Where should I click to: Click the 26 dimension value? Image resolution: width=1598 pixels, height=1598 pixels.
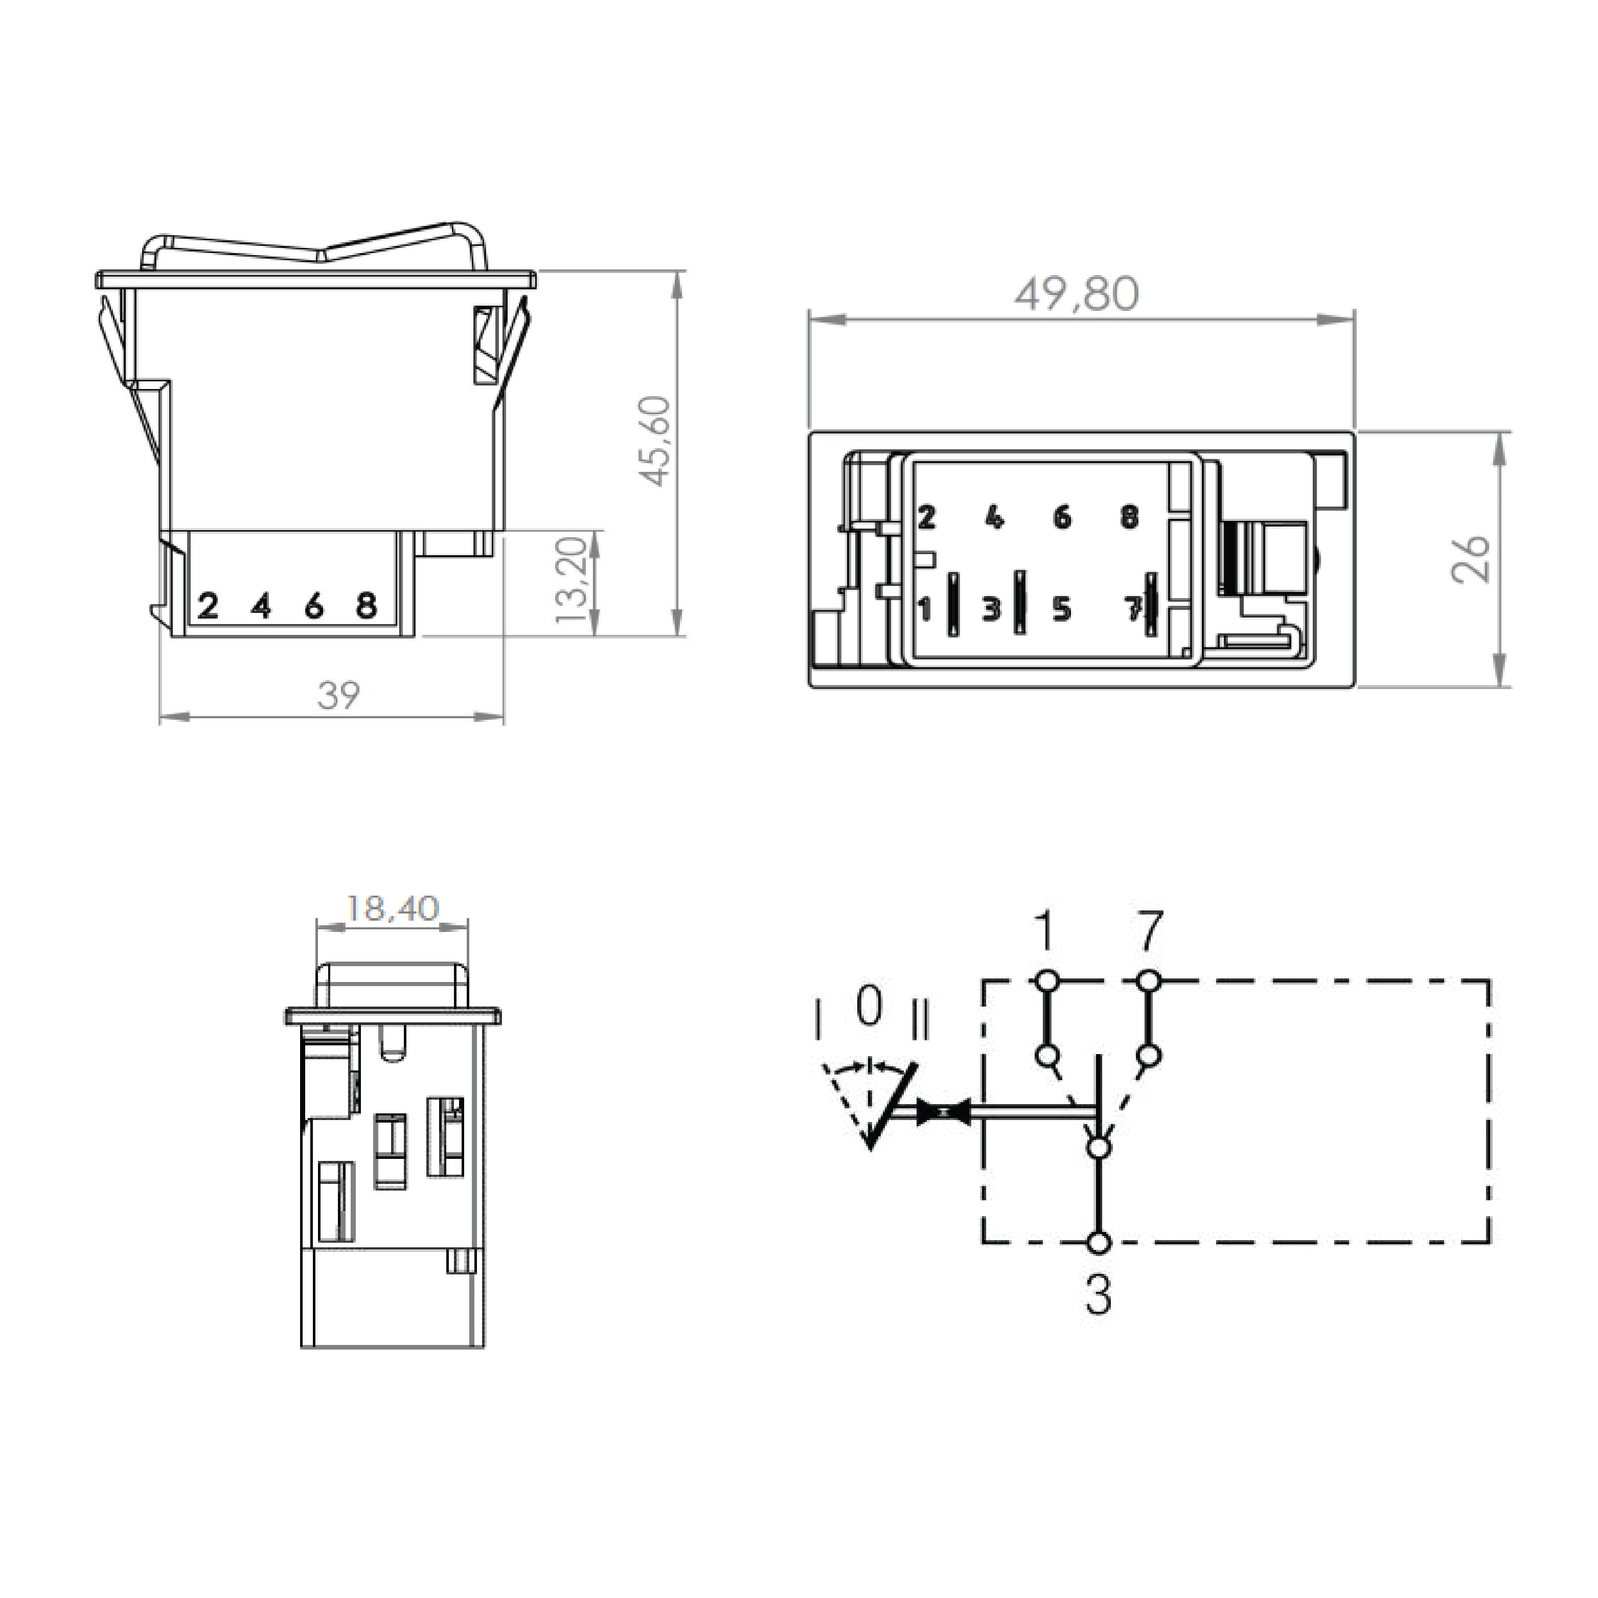click(1471, 559)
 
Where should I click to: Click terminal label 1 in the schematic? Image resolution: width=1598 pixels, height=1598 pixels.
click(1045, 932)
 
